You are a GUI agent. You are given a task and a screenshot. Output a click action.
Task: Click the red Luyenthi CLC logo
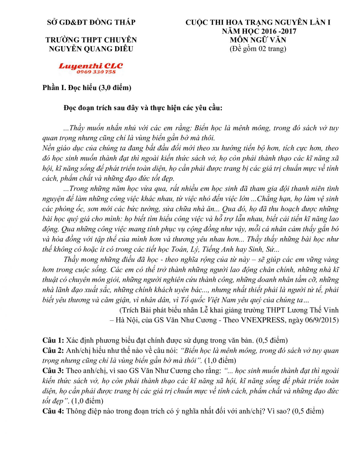pos(91,66)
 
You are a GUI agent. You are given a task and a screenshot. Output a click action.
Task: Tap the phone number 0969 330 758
pos(96,72)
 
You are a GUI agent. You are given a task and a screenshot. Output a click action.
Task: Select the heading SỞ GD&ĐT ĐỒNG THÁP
pos(91,22)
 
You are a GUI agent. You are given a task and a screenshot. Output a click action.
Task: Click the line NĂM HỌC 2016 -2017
pos(259,31)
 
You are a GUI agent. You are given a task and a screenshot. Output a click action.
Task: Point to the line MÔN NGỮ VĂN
pos(258,40)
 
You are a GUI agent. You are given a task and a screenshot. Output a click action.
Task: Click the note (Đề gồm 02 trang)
pos(258,49)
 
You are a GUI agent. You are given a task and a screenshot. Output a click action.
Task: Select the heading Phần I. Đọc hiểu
pos(87,88)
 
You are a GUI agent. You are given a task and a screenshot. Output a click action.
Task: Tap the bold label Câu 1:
pos(53,340)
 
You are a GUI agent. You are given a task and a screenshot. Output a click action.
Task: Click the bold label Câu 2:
pos(53,350)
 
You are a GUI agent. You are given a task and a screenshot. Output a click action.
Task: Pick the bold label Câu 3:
pos(53,371)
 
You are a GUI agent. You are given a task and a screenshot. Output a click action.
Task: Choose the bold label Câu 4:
pos(53,411)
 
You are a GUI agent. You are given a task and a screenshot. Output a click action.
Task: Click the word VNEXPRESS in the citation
pos(263,320)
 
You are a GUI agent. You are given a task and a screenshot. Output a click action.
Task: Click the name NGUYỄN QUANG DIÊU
pos(91,49)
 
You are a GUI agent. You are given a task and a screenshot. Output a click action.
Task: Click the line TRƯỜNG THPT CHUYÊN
pos(91,40)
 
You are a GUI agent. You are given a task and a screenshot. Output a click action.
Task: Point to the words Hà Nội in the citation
pos(126,320)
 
